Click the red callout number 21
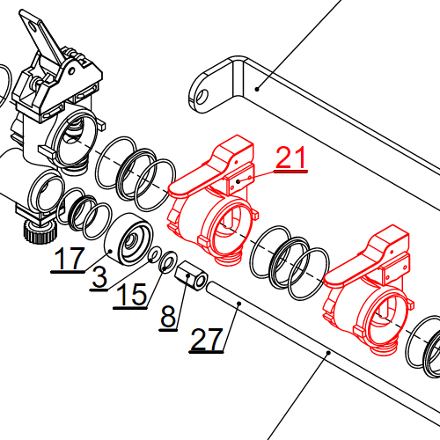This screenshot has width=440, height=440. [x=291, y=158]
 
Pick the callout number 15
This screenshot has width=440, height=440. [x=131, y=294]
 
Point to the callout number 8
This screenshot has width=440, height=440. [x=168, y=317]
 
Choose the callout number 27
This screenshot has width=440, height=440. [x=207, y=339]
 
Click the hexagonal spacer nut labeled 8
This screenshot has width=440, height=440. [x=191, y=275]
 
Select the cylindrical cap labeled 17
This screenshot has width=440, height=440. [x=128, y=239]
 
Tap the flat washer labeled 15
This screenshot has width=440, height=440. [x=167, y=261]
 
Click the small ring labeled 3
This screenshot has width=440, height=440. [x=154, y=254]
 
